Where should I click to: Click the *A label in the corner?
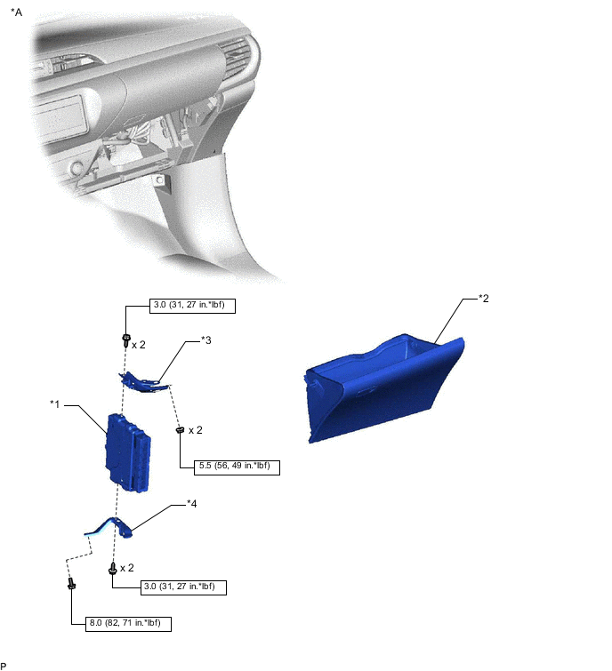point(16,14)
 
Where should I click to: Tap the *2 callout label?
point(483,298)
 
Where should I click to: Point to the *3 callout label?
point(205,340)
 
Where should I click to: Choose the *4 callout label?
point(191,504)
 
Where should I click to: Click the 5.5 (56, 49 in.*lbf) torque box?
point(229,467)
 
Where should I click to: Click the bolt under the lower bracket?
point(113,569)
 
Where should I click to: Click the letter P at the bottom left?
point(4,665)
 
